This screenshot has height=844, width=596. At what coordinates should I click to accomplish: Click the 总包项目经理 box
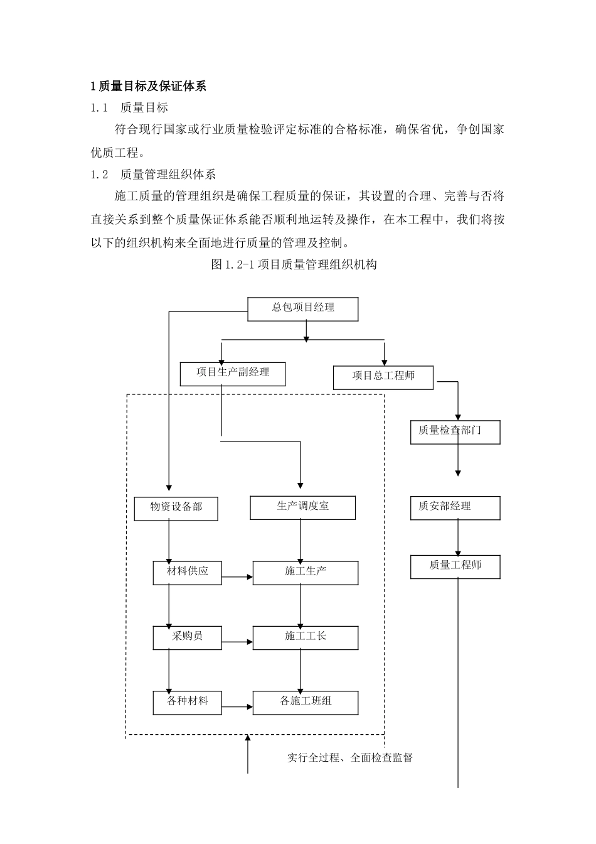tap(303, 309)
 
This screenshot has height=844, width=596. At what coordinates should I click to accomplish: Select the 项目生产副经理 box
tap(233, 374)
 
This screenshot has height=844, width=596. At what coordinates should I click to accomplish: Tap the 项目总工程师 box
tap(383, 377)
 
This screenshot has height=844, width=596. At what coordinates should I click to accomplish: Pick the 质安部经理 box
tap(455, 507)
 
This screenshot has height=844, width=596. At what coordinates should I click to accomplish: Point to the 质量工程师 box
tap(455, 566)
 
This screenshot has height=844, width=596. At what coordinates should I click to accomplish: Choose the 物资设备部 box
tap(176, 508)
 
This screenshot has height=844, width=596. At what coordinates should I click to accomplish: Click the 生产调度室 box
tap(302, 507)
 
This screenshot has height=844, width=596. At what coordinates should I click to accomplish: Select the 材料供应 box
tap(187, 573)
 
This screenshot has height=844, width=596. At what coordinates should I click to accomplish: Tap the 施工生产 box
tap(305, 573)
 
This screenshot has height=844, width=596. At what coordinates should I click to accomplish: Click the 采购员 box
tap(187, 637)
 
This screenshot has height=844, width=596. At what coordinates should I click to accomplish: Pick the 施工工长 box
tap(305, 637)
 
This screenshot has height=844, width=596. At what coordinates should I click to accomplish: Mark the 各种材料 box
tap(187, 702)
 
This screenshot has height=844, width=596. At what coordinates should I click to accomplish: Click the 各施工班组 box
tap(305, 702)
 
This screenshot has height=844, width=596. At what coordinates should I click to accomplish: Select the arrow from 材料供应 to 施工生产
tap(237, 576)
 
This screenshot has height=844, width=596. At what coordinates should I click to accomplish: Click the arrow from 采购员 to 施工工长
tap(237, 642)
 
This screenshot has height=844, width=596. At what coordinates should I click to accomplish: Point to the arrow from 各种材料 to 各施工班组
tap(237, 707)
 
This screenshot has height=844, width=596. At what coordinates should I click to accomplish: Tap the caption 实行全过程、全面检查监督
tap(350, 758)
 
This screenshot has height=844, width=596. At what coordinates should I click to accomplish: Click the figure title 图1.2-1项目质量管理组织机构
tap(294, 264)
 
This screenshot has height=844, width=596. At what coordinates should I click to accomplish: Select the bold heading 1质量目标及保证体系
tap(148, 87)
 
